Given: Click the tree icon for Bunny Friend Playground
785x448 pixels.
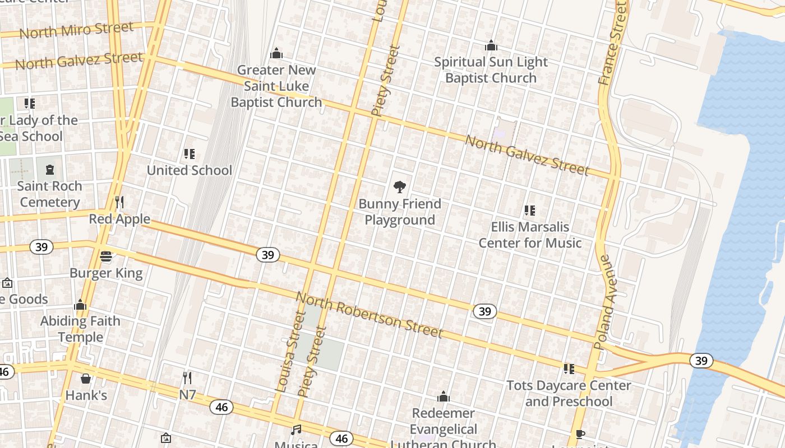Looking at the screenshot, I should (x=399, y=186).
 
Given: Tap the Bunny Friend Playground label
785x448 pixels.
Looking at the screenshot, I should (x=400, y=212).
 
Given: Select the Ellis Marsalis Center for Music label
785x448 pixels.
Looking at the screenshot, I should (x=530, y=235).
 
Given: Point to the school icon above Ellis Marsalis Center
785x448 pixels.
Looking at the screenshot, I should (x=529, y=211).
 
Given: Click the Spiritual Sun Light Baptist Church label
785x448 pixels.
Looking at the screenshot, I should (x=491, y=70).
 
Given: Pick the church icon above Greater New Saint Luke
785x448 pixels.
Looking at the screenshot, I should (x=276, y=54).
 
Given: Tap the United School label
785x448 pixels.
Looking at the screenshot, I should (x=189, y=170).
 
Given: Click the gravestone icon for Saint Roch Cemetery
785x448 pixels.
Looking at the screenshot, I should (x=50, y=169).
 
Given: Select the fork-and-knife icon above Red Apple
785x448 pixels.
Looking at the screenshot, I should (x=119, y=202).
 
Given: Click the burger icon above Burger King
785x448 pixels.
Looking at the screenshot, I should (x=106, y=256).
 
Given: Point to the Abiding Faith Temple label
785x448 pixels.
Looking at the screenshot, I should (x=80, y=329).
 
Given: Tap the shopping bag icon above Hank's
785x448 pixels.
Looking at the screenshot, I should (x=86, y=379).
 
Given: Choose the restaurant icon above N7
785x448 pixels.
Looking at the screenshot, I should (x=187, y=378).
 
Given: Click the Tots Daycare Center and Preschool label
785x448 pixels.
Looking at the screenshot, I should (x=569, y=393).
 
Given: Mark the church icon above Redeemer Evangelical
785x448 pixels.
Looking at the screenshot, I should (x=444, y=397).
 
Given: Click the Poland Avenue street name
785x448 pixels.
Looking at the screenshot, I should (x=604, y=302).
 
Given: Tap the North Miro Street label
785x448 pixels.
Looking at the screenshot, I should (x=76, y=30).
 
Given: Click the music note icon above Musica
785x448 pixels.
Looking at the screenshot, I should (x=296, y=430).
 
